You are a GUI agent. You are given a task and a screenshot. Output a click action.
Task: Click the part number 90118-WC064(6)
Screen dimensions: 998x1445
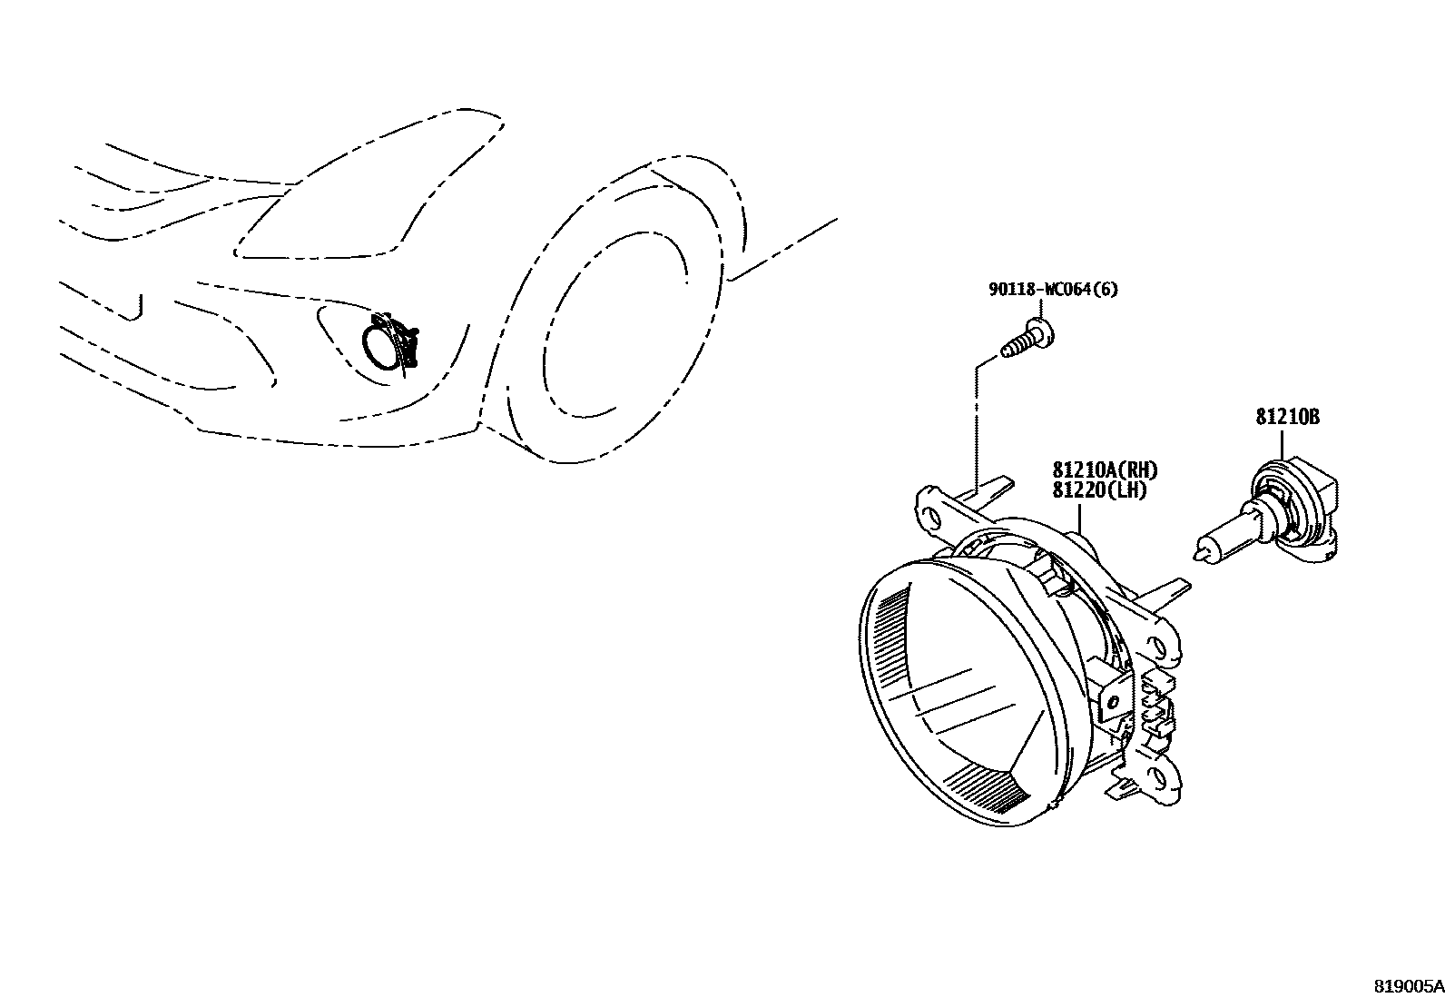coord(1053,290)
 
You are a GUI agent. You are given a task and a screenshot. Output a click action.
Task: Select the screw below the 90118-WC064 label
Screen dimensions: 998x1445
coord(1030,341)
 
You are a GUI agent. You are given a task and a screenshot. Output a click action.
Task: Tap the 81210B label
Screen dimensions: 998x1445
coord(1287,417)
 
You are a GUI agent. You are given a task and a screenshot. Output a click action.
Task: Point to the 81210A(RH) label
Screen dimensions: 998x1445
coord(1106,470)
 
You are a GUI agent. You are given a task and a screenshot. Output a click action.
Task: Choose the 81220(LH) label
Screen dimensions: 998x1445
coord(1099,490)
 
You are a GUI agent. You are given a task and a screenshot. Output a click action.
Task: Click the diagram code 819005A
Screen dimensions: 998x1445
coord(1407,986)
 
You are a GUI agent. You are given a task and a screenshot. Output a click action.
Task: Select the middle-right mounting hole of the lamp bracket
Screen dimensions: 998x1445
coord(1157,647)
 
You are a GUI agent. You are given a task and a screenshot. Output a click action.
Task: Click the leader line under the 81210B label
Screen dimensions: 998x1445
coord(1282,444)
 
